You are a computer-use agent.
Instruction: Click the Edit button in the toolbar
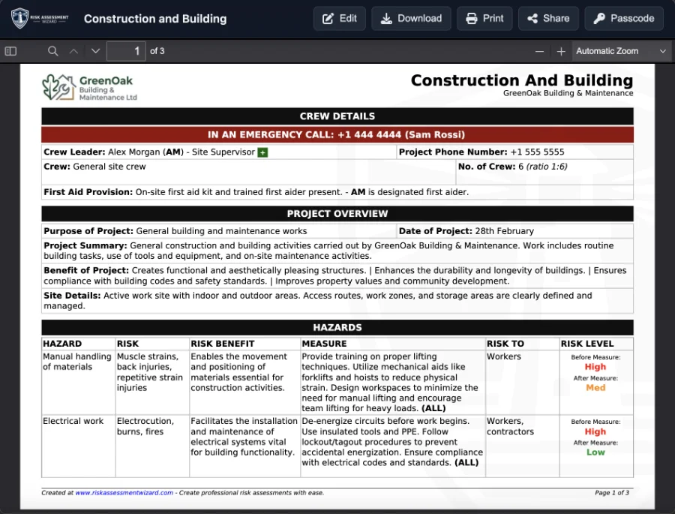point(340,19)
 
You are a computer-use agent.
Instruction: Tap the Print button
point(484,19)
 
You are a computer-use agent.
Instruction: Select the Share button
point(548,19)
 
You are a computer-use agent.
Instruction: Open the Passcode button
point(624,19)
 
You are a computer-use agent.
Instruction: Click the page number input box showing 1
point(127,51)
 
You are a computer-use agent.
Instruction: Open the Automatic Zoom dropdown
point(621,51)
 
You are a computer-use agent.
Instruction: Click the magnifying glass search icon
point(52,51)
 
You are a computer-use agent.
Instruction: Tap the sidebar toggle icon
point(10,51)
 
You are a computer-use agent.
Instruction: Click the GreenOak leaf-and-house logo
point(58,86)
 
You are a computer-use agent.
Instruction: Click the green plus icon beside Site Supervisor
point(262,152)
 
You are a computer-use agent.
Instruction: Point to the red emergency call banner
point(337,135)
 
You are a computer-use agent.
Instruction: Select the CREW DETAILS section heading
point(337,116)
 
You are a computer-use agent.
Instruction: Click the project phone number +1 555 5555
point(537,152)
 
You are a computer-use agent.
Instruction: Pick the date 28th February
point(505,231)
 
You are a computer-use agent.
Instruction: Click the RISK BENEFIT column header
point(223,344)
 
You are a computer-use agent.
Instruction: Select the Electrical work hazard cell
point(73,421)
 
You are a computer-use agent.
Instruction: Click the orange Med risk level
point(595,388)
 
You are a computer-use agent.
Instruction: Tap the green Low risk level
point(595,452)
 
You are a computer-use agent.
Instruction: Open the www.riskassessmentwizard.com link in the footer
point(124,493)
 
